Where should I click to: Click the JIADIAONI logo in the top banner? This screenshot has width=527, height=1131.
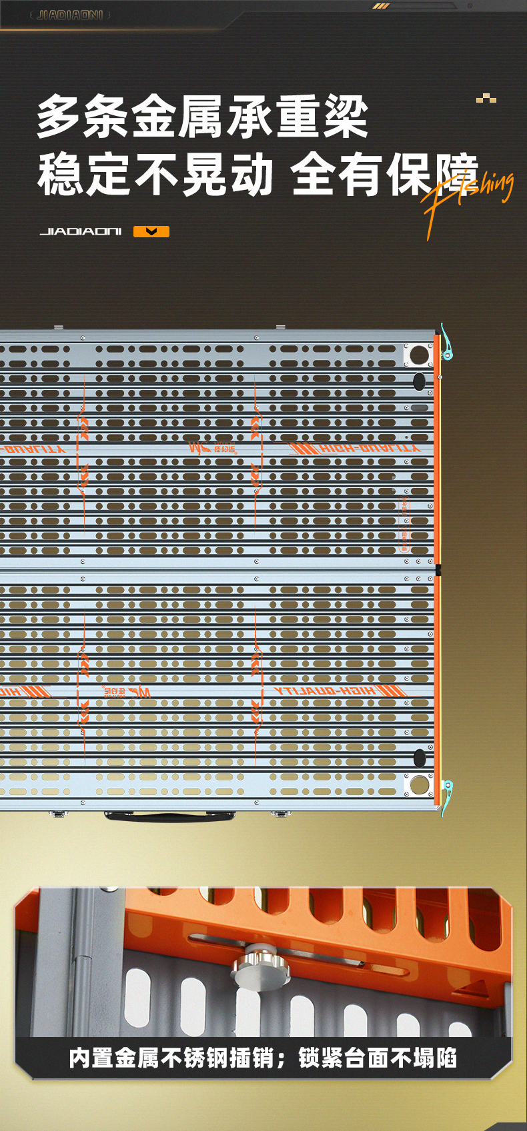pyautogui.click(x=70, y=15)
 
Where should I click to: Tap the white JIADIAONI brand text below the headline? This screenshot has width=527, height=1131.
pyautogui.click(x=81, y=232)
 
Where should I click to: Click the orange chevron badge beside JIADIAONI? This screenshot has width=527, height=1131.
pyautogui.click(x=151, y=232)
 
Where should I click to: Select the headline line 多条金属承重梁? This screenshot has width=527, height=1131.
pyautogui.click(x=202, y=117)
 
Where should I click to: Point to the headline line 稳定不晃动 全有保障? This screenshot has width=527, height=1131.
pyautogui.click(x=257, y=175)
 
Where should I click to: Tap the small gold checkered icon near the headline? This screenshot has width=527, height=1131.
pyautogui.click(x=486, y=99)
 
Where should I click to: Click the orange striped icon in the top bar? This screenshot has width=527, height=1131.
pyautogui.click(x=381, y=6)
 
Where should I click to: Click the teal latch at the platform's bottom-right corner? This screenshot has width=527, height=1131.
pyautogui.click(x=447, y=793)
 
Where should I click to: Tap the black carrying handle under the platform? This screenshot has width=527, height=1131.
pyautogui.click(x=169, y=816)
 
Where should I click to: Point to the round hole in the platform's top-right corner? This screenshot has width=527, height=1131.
pyautogui.click(x=419, y=355)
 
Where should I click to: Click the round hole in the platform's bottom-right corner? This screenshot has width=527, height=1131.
pyautogui.click(x=419, y=784)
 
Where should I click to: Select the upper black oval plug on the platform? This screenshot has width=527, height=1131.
pyautogui.click(x=419, y=381)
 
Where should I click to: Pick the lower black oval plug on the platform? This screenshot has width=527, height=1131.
pyautogui.click(x=419, y=758)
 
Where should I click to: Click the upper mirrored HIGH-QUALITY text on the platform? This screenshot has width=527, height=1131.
pyautogui.click(x=356, y=449)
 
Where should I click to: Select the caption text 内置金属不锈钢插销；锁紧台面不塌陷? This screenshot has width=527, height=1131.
pyautogui.click(x=263, y=1058)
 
